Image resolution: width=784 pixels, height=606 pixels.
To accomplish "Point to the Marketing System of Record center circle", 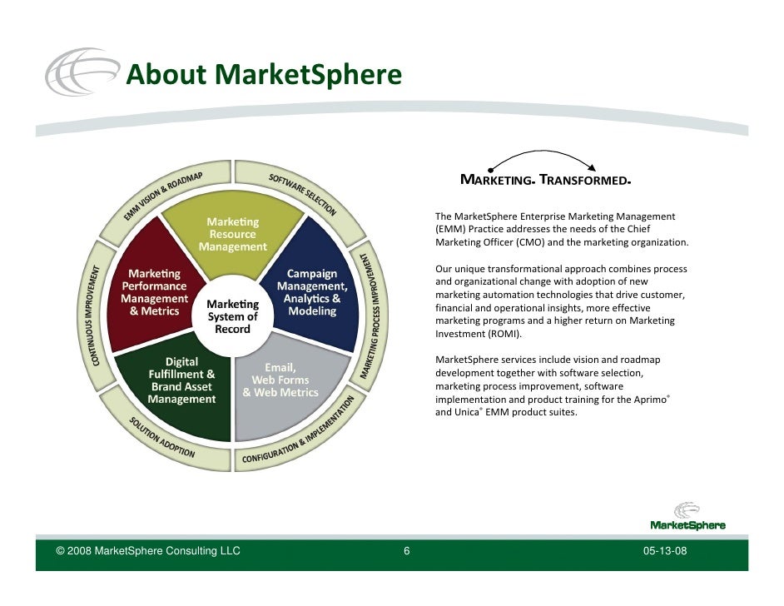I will click(232, 316).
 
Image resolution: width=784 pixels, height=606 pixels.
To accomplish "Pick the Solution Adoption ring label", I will click(162, 436).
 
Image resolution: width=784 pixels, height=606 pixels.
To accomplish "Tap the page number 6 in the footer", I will click(406, 552).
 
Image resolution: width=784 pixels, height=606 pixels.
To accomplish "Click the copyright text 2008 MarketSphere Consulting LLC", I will click(148, 552).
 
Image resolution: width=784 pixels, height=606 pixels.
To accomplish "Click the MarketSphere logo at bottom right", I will click(687, 515).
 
